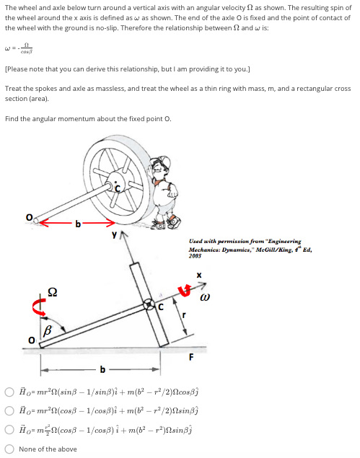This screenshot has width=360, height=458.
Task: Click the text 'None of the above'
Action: (48, 449)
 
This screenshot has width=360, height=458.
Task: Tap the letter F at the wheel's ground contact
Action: (191, 355)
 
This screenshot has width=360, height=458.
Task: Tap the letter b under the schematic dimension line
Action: (102, 371)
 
